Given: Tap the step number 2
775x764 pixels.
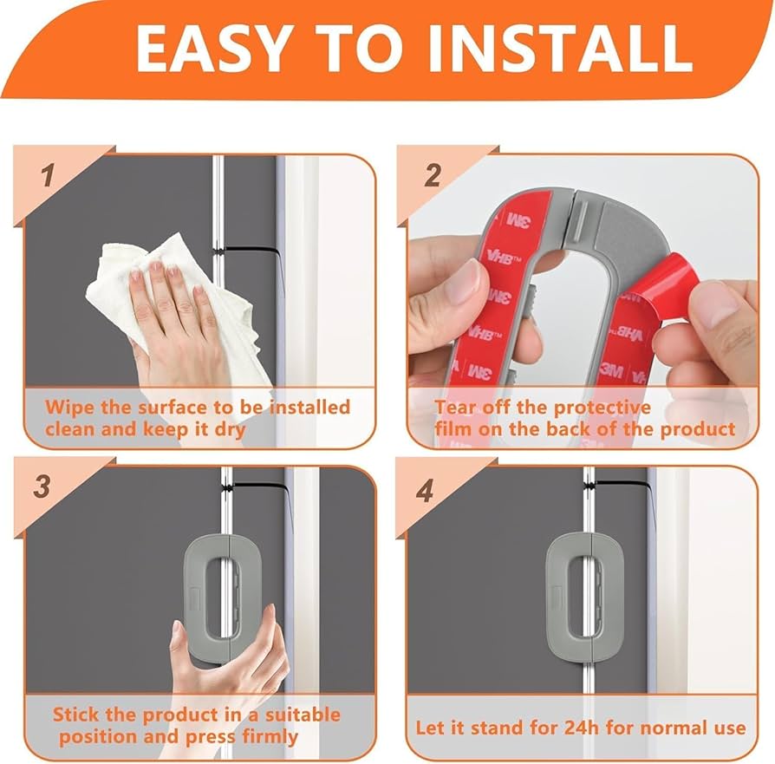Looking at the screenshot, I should coord(433,176).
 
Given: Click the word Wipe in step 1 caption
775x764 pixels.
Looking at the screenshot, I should coord(68,407).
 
